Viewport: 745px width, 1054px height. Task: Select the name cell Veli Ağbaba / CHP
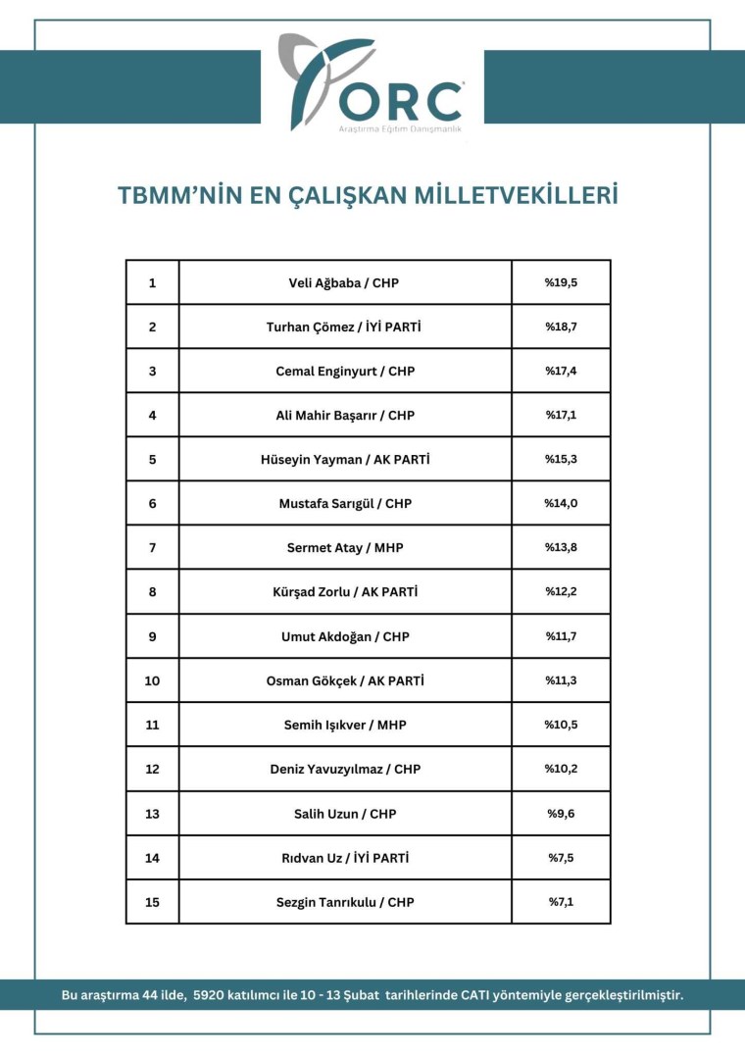click(344, 282)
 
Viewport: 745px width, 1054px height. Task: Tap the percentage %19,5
click(561, 282)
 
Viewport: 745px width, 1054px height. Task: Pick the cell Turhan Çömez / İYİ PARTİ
click(344, 326)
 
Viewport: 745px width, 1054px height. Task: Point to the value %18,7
click(561, 326)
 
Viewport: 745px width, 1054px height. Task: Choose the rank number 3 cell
click(152, 371)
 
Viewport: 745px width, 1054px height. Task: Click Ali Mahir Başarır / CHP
click(344, 415)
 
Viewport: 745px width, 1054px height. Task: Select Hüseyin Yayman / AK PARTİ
click(344, 459)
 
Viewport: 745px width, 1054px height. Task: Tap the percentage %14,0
click(561, 503)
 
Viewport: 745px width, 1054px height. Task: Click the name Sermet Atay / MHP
click(344, 547)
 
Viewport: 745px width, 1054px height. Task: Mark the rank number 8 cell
click(152, 591)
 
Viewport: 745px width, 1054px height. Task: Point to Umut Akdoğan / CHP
click(344, 636)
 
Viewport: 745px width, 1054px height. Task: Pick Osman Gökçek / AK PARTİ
click(344, 680)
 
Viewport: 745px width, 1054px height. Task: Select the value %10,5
click(561, 725)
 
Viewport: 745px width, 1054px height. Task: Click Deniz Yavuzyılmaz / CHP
click(344, 769)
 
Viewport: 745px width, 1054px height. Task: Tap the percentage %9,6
click(561, 813)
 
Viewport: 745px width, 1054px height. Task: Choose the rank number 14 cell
click(152, 858)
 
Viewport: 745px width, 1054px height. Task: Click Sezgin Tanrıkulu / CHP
click(344, 902)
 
